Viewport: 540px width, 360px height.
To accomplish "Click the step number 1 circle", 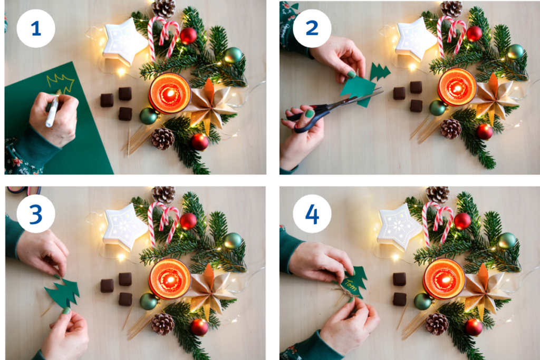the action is point(36,28).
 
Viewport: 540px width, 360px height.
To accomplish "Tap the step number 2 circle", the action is point(312,28).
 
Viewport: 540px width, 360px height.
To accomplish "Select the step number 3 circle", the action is point(36,213).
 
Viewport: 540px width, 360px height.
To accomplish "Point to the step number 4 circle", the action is point(312,213).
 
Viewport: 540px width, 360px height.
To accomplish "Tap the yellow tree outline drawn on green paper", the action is point(61,83).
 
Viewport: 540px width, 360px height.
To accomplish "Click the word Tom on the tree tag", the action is point(351,285).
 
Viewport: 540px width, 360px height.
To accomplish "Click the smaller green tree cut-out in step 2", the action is point(380,72).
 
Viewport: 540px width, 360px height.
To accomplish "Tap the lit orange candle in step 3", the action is point(170,279).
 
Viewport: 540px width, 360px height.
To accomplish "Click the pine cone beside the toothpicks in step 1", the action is point(162,138).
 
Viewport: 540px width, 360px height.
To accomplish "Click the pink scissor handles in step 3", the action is point(24,190).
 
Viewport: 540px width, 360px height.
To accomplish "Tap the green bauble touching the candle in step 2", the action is point(438,108).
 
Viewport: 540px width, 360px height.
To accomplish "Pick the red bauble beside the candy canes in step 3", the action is point(188,221).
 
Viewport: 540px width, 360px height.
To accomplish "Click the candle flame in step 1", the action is point(169,93).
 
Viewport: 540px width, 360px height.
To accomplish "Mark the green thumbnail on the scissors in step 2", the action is point(310,113).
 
